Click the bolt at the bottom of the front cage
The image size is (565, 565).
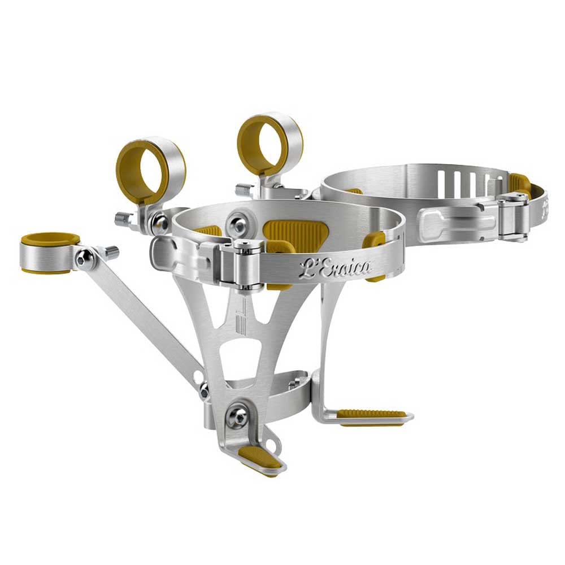[236, 419]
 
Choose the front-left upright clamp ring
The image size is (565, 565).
[151, 167]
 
